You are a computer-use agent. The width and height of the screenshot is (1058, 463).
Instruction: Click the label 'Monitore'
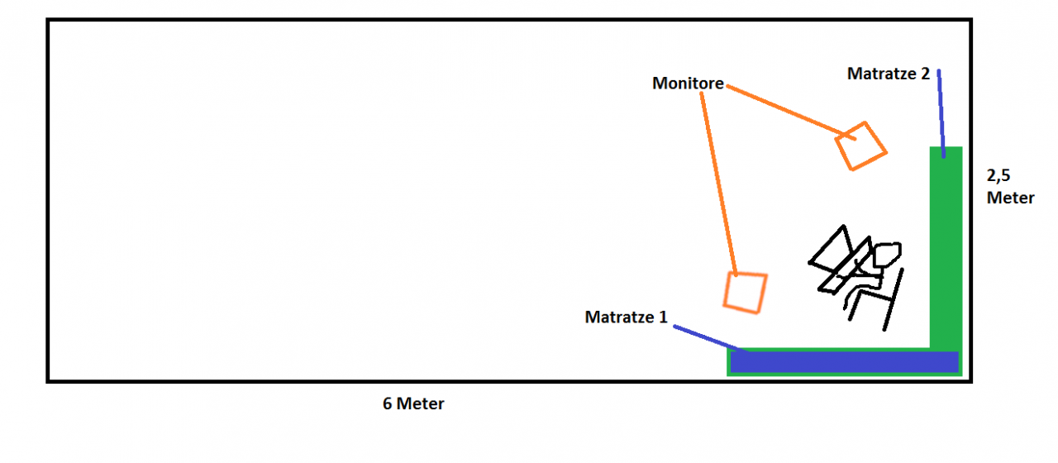tap(688, 83)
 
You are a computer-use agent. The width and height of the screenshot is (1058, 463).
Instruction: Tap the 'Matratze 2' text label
tap(889, 74)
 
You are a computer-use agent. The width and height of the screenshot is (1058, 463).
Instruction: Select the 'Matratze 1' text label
tap(626, 317)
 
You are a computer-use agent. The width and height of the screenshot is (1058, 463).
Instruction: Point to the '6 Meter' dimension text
tap(413, 404)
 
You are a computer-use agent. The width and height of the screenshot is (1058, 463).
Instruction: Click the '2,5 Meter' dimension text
tap(1010, 187)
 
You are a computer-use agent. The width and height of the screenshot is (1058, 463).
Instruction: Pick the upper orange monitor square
tap(860, 146)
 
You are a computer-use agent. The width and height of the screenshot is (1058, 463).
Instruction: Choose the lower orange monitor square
tap(745, 292)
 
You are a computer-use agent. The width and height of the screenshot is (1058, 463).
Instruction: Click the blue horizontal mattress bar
tap(843, 362)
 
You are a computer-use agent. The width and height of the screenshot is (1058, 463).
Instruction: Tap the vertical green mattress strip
tap(946, 248)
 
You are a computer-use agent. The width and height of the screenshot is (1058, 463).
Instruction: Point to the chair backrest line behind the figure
tap(893, 298)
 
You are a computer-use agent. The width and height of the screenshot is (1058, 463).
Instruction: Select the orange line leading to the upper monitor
tap(781, 108)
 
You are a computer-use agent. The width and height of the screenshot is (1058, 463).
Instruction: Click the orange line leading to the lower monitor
tap(717, 182)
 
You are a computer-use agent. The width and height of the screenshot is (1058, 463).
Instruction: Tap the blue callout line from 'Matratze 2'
tap(941, 112)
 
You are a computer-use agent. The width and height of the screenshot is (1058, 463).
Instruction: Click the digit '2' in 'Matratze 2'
tap(924, 74)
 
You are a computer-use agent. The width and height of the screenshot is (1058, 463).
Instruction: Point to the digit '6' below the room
tap(387, 404)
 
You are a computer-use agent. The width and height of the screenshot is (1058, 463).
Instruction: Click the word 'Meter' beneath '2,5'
tap(1010, 198)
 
